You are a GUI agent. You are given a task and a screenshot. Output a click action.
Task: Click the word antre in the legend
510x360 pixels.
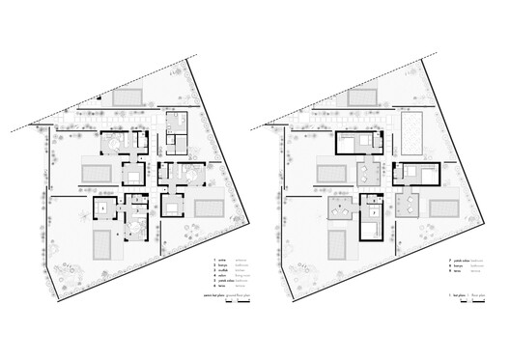tap(221, 260)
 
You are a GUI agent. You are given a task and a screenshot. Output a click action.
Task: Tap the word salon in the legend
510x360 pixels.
tap(221, 274)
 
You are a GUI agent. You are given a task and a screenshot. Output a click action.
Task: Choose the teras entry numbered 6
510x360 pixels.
tap(221, 285)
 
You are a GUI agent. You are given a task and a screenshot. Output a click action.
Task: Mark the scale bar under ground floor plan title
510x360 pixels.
tap(237, 302)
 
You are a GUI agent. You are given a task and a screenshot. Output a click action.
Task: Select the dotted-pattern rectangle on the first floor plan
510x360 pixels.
tap(410, 131)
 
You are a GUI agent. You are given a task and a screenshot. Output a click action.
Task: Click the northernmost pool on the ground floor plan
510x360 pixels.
tap(127, 97)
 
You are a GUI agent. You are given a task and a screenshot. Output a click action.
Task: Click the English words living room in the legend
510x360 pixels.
tap(241, 275)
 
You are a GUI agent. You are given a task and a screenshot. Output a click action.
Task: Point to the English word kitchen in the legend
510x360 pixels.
tap(241, 269)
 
